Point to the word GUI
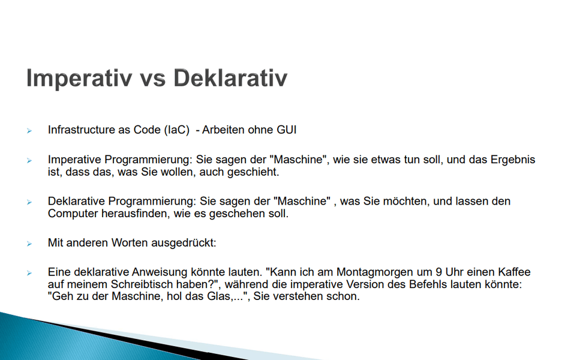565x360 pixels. pos(286,130)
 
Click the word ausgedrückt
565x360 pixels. pos(184,243)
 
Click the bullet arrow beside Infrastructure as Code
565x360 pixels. pos(29,130)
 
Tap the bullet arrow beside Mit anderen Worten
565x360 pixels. pos(29,244)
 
